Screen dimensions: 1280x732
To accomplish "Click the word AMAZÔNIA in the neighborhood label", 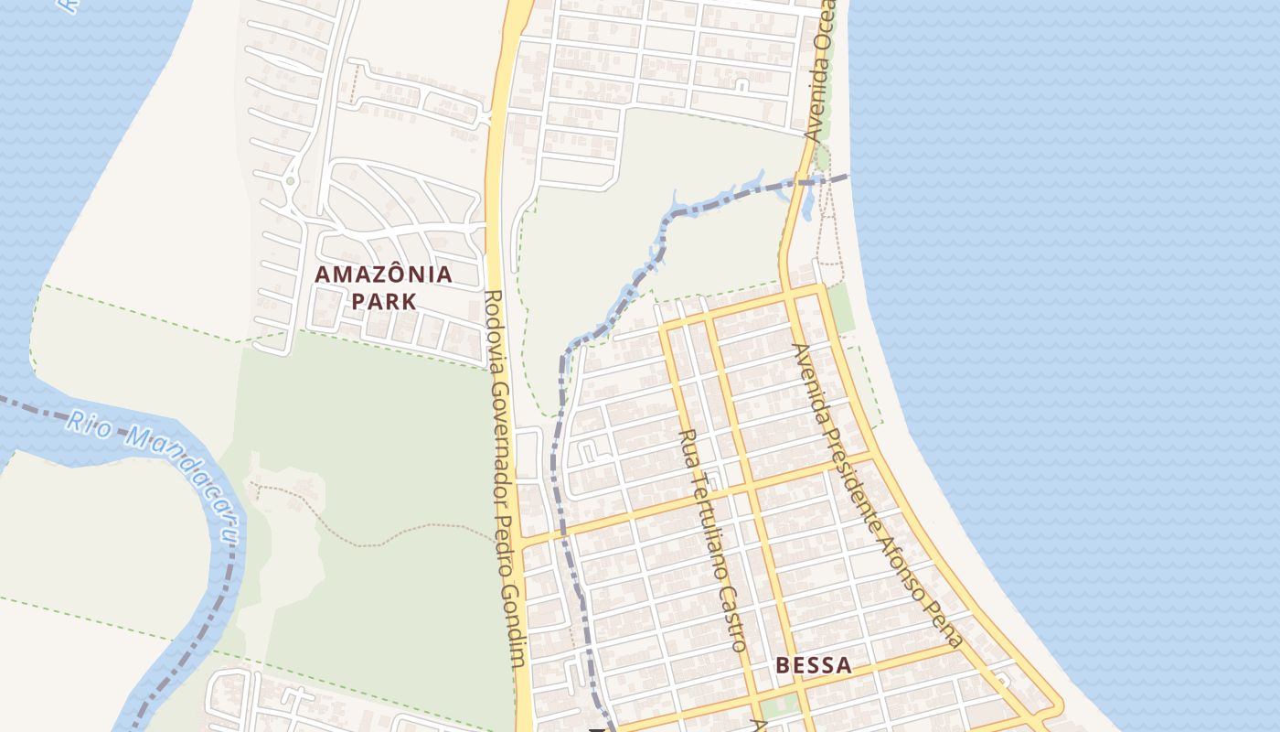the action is [383, 274].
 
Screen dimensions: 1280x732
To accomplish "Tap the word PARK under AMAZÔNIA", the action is [383, 301].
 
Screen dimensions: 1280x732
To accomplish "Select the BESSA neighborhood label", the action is [814, 665].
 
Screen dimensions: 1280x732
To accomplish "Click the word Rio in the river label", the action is [84, 422].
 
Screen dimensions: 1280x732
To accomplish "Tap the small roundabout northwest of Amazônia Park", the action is [290, 181].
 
